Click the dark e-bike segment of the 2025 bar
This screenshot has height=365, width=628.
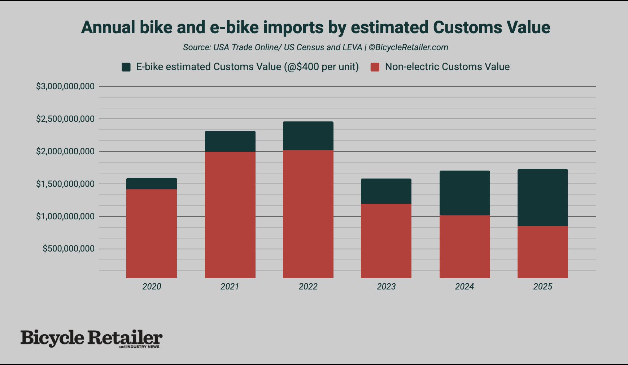tap(542, 198)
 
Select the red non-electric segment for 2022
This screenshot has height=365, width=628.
tap(308, 214)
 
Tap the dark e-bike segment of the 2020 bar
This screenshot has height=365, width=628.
tap(151, 184)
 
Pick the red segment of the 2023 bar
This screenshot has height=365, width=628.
tap(386, 241)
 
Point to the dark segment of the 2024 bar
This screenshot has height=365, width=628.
tap(465, 193)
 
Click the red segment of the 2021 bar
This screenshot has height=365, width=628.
tap(230, 215)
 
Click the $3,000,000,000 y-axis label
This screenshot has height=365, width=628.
tap(65, 86)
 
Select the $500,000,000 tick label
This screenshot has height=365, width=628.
tap(69, 249)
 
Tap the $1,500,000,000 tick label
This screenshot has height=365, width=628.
tap(65, 184)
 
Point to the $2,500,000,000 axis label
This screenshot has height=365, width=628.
tap(65, 119)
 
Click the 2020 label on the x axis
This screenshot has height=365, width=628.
tap(152, 287)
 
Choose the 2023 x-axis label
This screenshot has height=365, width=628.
tap(386, 287)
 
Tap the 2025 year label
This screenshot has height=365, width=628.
tap(542, 287)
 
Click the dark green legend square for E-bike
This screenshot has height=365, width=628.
tap(126, 67)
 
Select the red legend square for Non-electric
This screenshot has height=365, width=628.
tap(375, 67)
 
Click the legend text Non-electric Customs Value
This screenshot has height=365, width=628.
tap(447, 67)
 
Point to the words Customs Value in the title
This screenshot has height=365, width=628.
tap(491, 27)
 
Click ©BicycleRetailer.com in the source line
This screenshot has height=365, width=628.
tap(408, 47)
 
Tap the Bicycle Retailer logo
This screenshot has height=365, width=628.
tap(91, 338)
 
